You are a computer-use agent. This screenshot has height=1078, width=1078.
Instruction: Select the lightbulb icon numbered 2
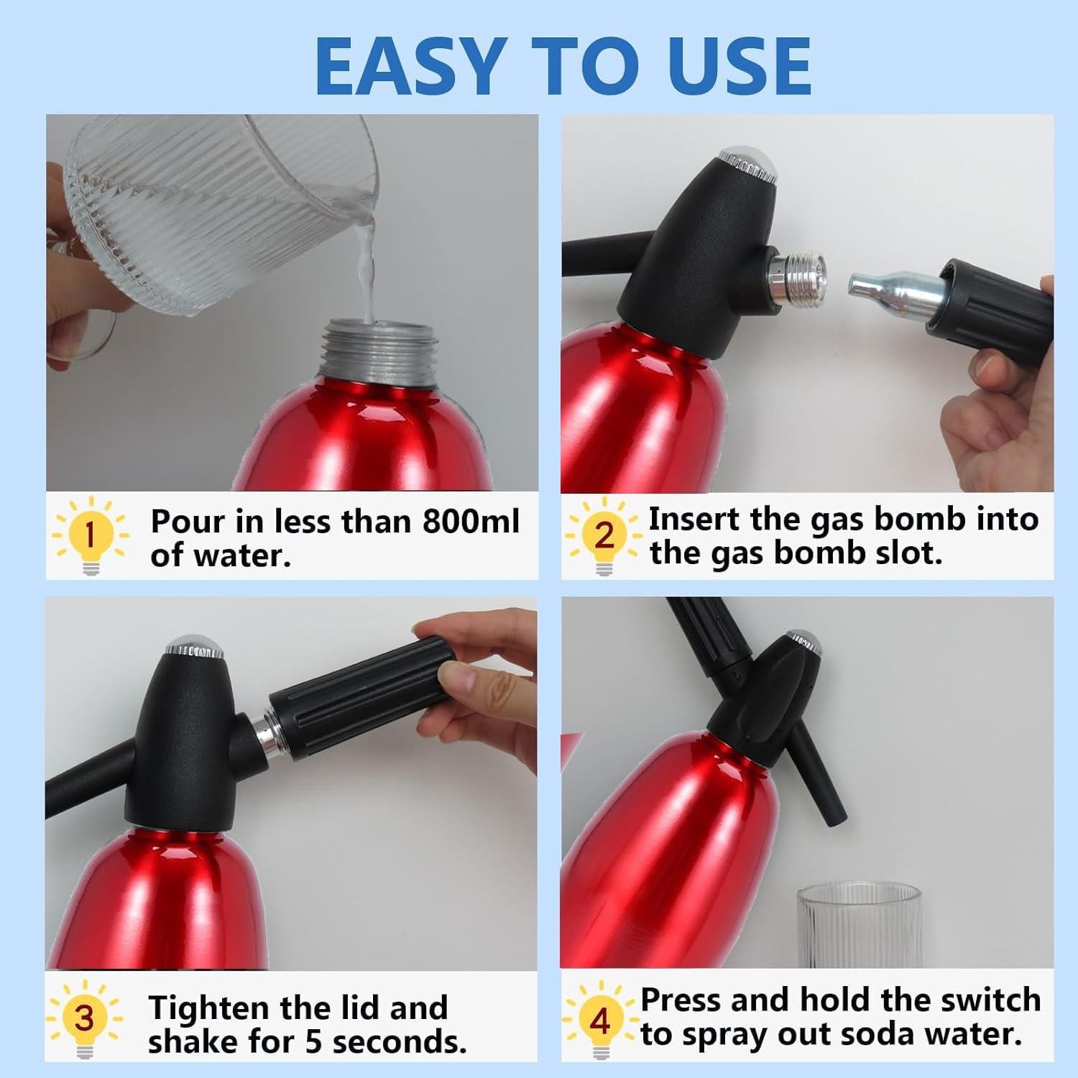604,535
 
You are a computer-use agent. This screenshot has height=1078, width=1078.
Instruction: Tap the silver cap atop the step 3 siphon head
195,647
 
